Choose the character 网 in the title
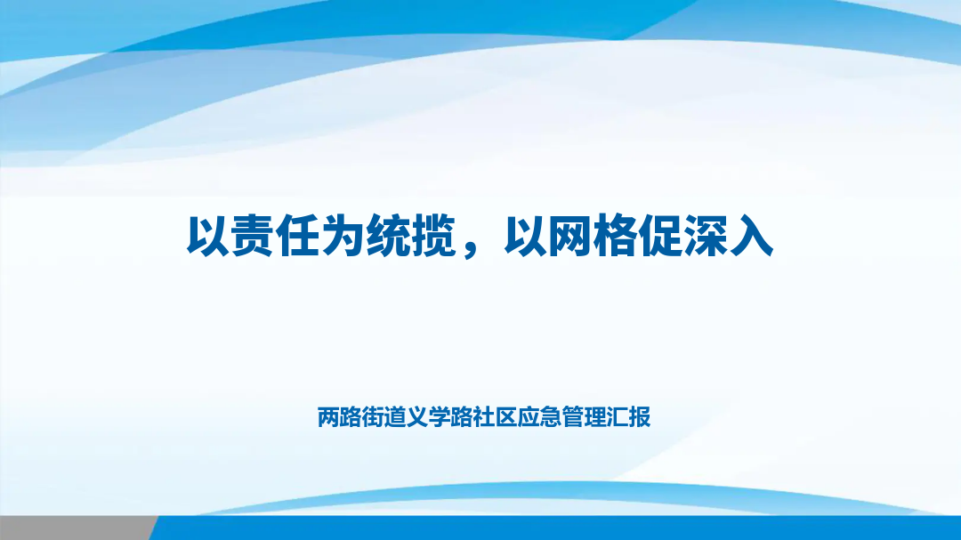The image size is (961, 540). coord(569,236)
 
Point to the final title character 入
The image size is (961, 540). coord(751,236)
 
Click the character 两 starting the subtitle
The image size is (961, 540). coord(328,417)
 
